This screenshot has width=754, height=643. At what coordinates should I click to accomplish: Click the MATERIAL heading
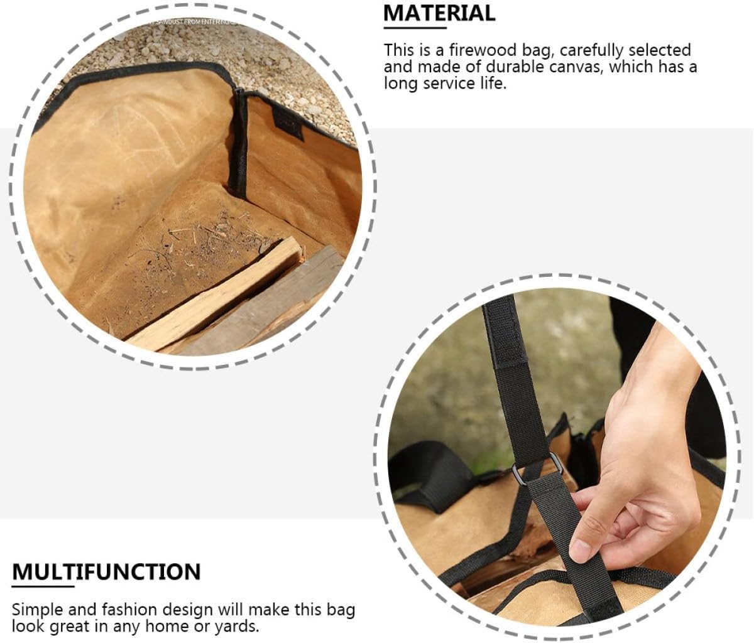pyautogui.click(x=439, y=13)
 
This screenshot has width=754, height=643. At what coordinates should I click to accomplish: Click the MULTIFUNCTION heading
pyautogui.click(x=106, y=572)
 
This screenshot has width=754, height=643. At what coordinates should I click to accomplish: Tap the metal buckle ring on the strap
pyautogui.click(x=538, y=467)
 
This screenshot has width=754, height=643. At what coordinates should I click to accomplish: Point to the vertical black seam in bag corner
pyautogui.click(x=239, y=144)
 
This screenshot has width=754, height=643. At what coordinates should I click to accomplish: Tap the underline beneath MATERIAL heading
pyautogui.click(x=412, y=27)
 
